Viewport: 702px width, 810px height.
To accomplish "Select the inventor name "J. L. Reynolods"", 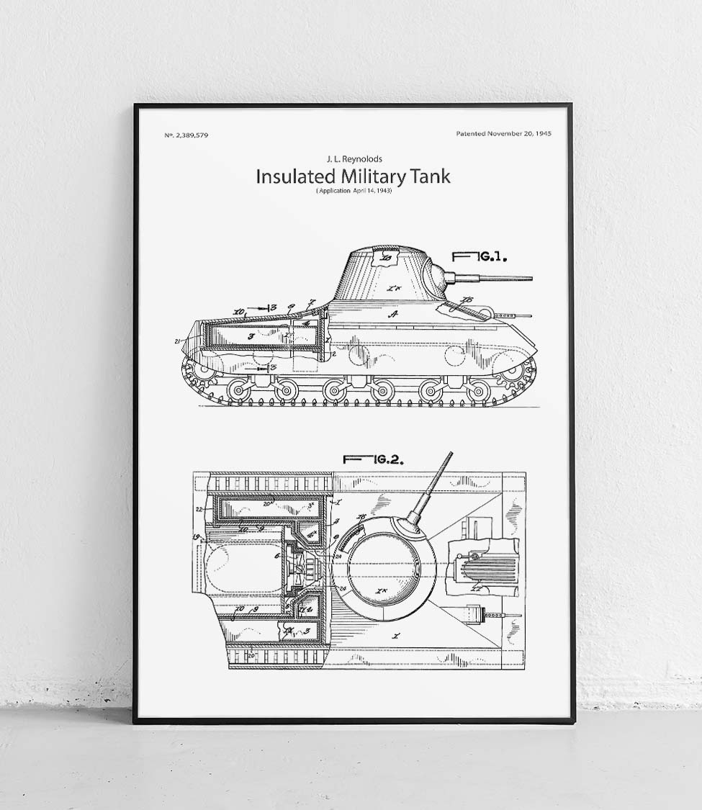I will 355,158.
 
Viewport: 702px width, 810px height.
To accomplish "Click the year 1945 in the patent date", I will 543,134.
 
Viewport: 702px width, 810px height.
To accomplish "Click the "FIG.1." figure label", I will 480,256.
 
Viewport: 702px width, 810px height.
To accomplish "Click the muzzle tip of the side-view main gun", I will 531,278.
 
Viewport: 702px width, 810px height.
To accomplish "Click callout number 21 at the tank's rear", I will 178,341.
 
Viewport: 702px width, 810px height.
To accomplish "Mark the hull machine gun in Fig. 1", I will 515,315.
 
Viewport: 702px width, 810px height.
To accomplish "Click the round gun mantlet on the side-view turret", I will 436,274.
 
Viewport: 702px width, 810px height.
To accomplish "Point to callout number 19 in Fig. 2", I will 196,537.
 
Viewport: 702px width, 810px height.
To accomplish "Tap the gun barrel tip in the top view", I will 451,454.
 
